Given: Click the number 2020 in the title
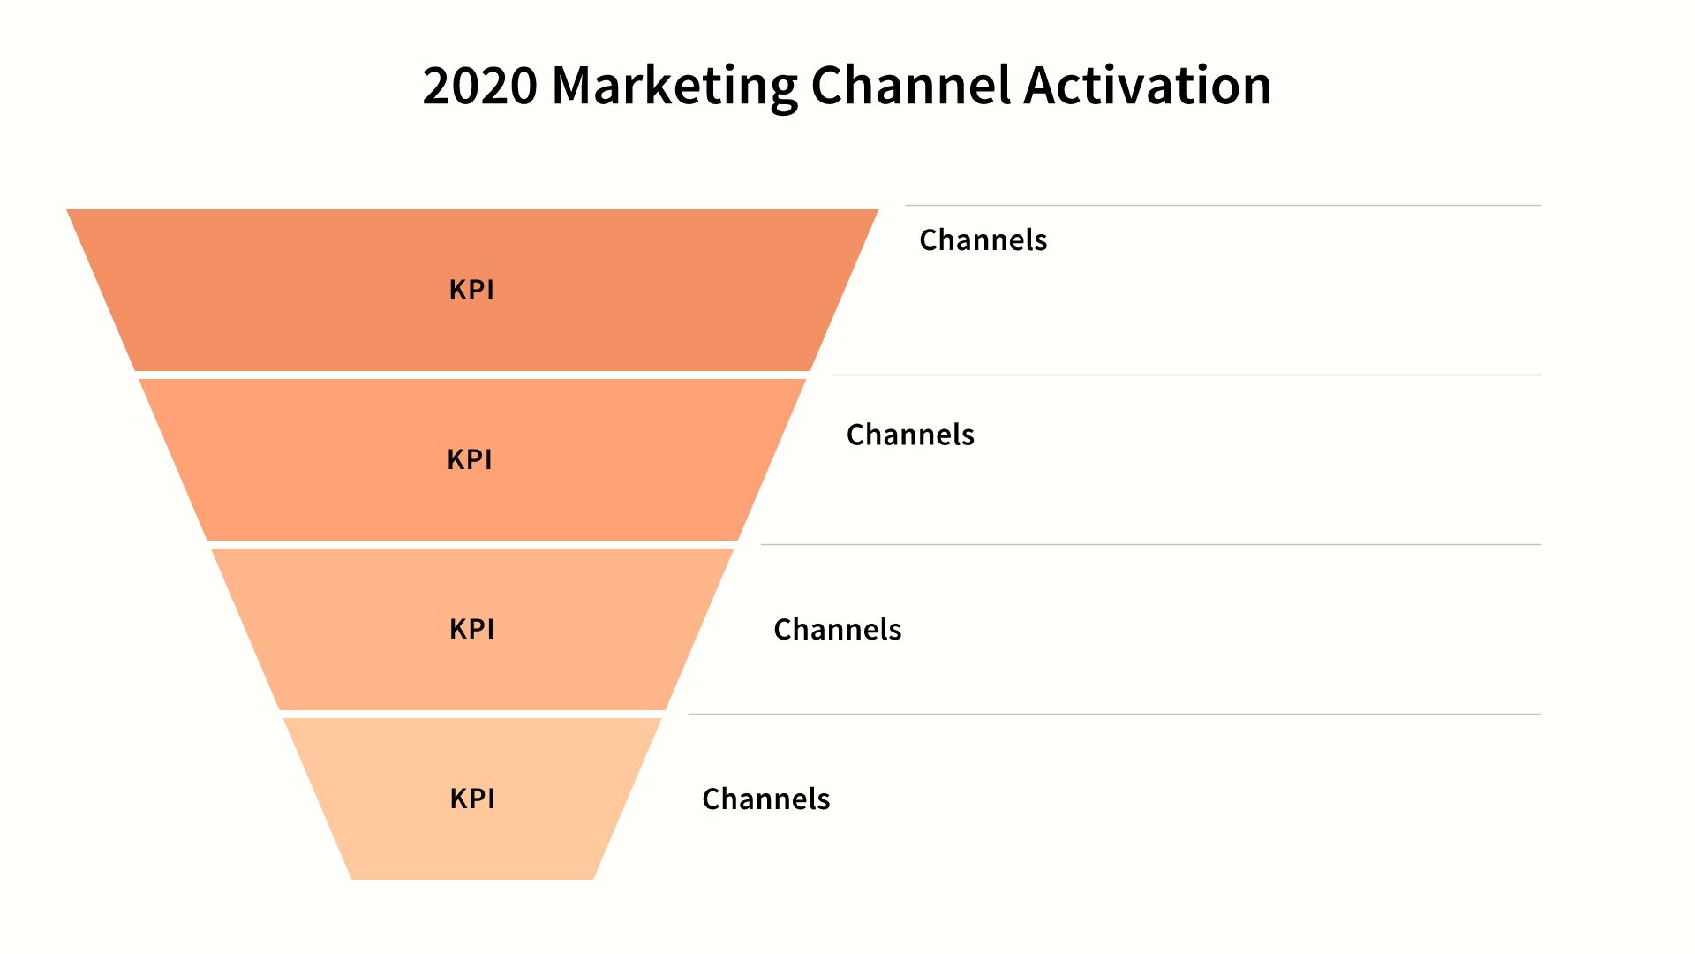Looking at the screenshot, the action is pos(480,86).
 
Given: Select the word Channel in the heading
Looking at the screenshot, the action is pos(910,85).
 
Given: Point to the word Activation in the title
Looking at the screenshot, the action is pos(1148,85).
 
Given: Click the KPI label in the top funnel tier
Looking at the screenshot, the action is pos(471,290).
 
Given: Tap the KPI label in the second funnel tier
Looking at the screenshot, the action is pos(470,459).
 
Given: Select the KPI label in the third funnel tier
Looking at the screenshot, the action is pos(471,629).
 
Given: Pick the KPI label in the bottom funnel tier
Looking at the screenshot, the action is pos(472,799).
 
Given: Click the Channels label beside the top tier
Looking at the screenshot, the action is pos(983,239).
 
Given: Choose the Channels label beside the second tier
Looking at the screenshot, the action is pos(910,435).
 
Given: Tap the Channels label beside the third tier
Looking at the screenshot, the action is pos(838,629).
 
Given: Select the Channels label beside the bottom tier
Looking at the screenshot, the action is pos(766,799).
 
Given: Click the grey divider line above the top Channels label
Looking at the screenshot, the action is pos(1223,206).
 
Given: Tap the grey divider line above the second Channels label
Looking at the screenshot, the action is pos(1186,375).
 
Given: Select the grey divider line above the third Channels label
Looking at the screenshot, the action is pos(1150,545).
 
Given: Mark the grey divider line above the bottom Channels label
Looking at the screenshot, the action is pos(1114,715).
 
